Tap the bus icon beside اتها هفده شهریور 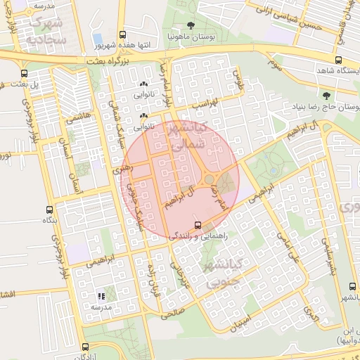pyautogui.click(x=124, y=34)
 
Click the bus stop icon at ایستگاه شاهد pyautogui.click(x=339, y=60)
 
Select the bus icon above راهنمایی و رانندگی pyautogui.click(x=196, y=226)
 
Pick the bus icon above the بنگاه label pyautogui.click(x=49, y=210)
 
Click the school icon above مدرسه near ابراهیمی pyautogui.click(x=101, y=296)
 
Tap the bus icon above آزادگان pyautogui.click(x=86, y=347)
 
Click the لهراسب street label pyautogui.click(x=206, y=103)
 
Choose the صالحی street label pyautogui.click(x=172, y=312)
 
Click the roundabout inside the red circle pyautogui.click(x=209, y=181)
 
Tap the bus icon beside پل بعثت pyautogui.click(x=25, y=73)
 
